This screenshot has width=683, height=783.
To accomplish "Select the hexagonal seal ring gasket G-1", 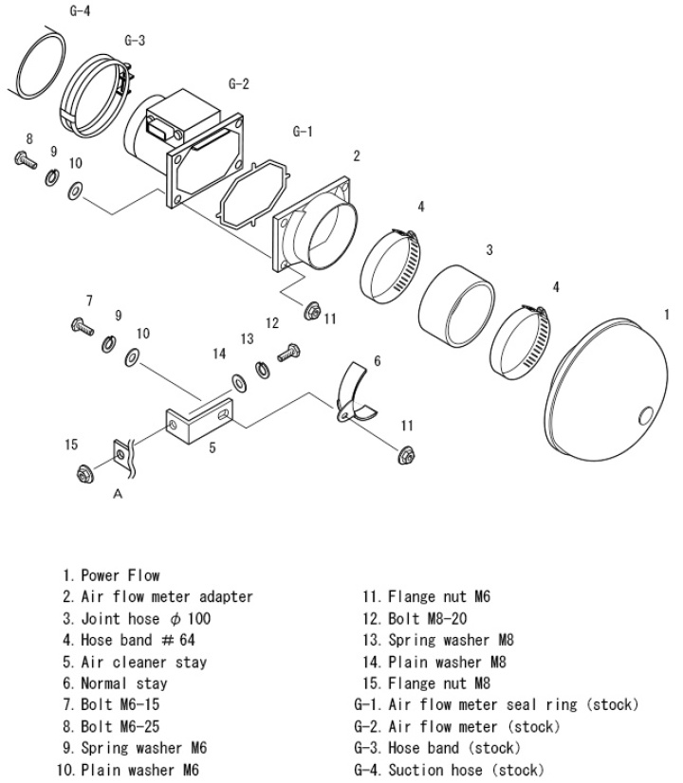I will tap(249, 194).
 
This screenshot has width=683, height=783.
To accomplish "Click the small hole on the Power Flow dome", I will tap(646, 414).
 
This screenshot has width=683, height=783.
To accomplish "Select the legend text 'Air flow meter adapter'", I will tap(166, 597).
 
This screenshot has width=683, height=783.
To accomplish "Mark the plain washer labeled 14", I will tap(236, 381).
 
